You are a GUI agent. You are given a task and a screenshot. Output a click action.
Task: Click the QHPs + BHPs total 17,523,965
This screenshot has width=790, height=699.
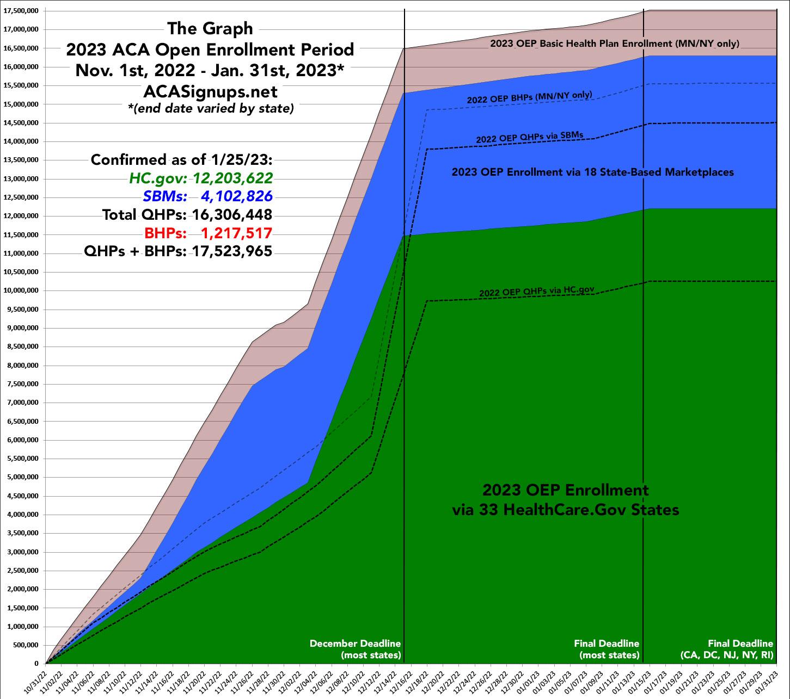pyautogui.click(x=228, y=252)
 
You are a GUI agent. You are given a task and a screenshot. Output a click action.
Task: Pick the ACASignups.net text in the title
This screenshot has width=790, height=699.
pyautogui.click(x=210, y=91)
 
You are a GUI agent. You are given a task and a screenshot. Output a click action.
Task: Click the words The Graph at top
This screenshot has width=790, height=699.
pyautogui.click(x=210, y=28)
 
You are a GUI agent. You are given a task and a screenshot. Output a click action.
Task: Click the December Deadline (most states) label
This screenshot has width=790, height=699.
pyautogui.click(x=355, y=649)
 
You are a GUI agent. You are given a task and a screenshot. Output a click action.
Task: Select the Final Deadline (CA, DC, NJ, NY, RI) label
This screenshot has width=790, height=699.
pyautogui.click(x=727, y=649)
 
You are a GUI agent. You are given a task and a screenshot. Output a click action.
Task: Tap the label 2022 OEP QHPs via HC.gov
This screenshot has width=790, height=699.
pyautogui.click(x=536, y=292)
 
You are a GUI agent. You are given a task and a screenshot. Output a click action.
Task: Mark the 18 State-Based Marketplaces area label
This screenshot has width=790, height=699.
pyautogui.click(x=592, y=172)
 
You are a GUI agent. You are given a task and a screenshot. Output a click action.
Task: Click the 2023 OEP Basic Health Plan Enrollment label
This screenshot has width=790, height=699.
pyautogui.click(x=614, y=44)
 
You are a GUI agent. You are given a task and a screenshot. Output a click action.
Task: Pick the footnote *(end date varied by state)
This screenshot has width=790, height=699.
pyautogui.click(x=210, y=108)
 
